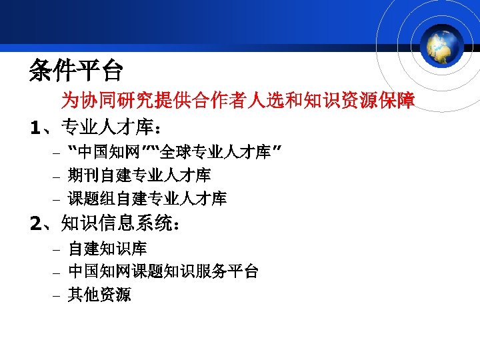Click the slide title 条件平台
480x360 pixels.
pyautogui.click(x=76, y=69)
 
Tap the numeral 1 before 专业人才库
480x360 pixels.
pyautogui.click(x=37, y=126)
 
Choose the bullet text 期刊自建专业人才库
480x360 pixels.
pyautogui.click(x=139, y=175)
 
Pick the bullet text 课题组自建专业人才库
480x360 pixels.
pyautogui.click(x=147, y=198)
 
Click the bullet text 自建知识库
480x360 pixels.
pyautogui.click(x=107, y=249)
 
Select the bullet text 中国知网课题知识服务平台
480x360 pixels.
pyautogui.click(x=163, y=271)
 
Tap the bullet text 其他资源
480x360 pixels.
pyautogui.click(x=99, y=294)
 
